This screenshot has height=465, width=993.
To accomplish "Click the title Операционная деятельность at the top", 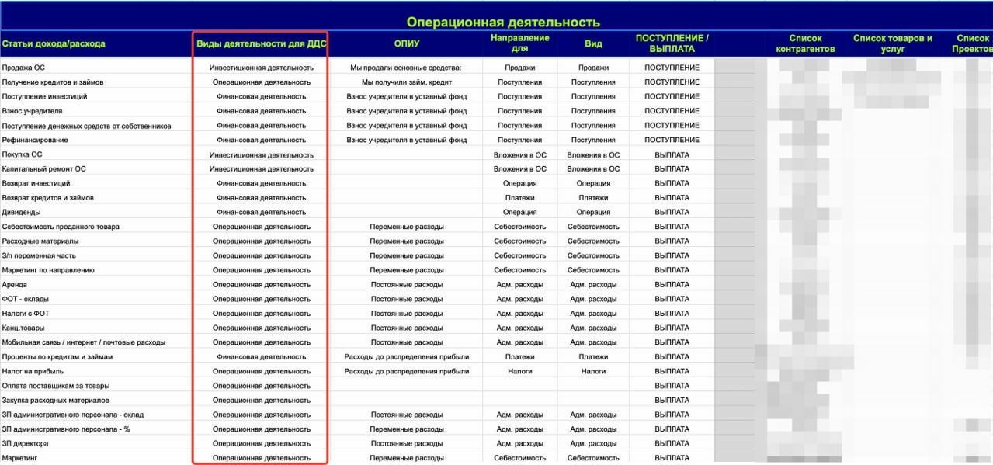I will (502, 23).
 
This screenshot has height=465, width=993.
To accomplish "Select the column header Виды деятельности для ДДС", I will (261, 43).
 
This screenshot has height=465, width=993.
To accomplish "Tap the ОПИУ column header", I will (406, 43).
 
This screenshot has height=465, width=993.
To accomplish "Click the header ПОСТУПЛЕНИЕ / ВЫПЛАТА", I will (672, 43).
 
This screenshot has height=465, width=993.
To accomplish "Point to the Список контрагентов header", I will (805, 43).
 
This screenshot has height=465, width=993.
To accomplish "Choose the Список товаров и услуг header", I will (892, 43).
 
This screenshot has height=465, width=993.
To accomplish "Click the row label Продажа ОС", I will (23, 68).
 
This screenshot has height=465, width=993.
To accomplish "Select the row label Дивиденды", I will (21, 212).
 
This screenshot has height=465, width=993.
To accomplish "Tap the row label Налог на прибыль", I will (31, 371).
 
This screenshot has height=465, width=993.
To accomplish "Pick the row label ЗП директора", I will (25, 443).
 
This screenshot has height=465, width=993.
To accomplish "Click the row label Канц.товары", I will (23, 328).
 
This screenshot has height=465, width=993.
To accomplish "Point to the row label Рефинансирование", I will (35, 140).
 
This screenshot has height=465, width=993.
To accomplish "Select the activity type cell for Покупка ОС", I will (261, 154).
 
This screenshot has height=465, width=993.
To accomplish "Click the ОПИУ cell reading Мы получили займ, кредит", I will (406, 82).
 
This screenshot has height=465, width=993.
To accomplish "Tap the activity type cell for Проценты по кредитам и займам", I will (261, 357).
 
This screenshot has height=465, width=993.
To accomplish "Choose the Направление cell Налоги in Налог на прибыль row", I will (519, 371).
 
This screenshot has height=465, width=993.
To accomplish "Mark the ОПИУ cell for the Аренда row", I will (406, 284).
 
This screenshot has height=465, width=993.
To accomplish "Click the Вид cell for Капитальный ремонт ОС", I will (593, 168).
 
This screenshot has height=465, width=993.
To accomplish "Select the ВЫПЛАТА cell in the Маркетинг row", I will (672, 458).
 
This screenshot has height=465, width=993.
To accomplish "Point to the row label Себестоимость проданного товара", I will (61, 227).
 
